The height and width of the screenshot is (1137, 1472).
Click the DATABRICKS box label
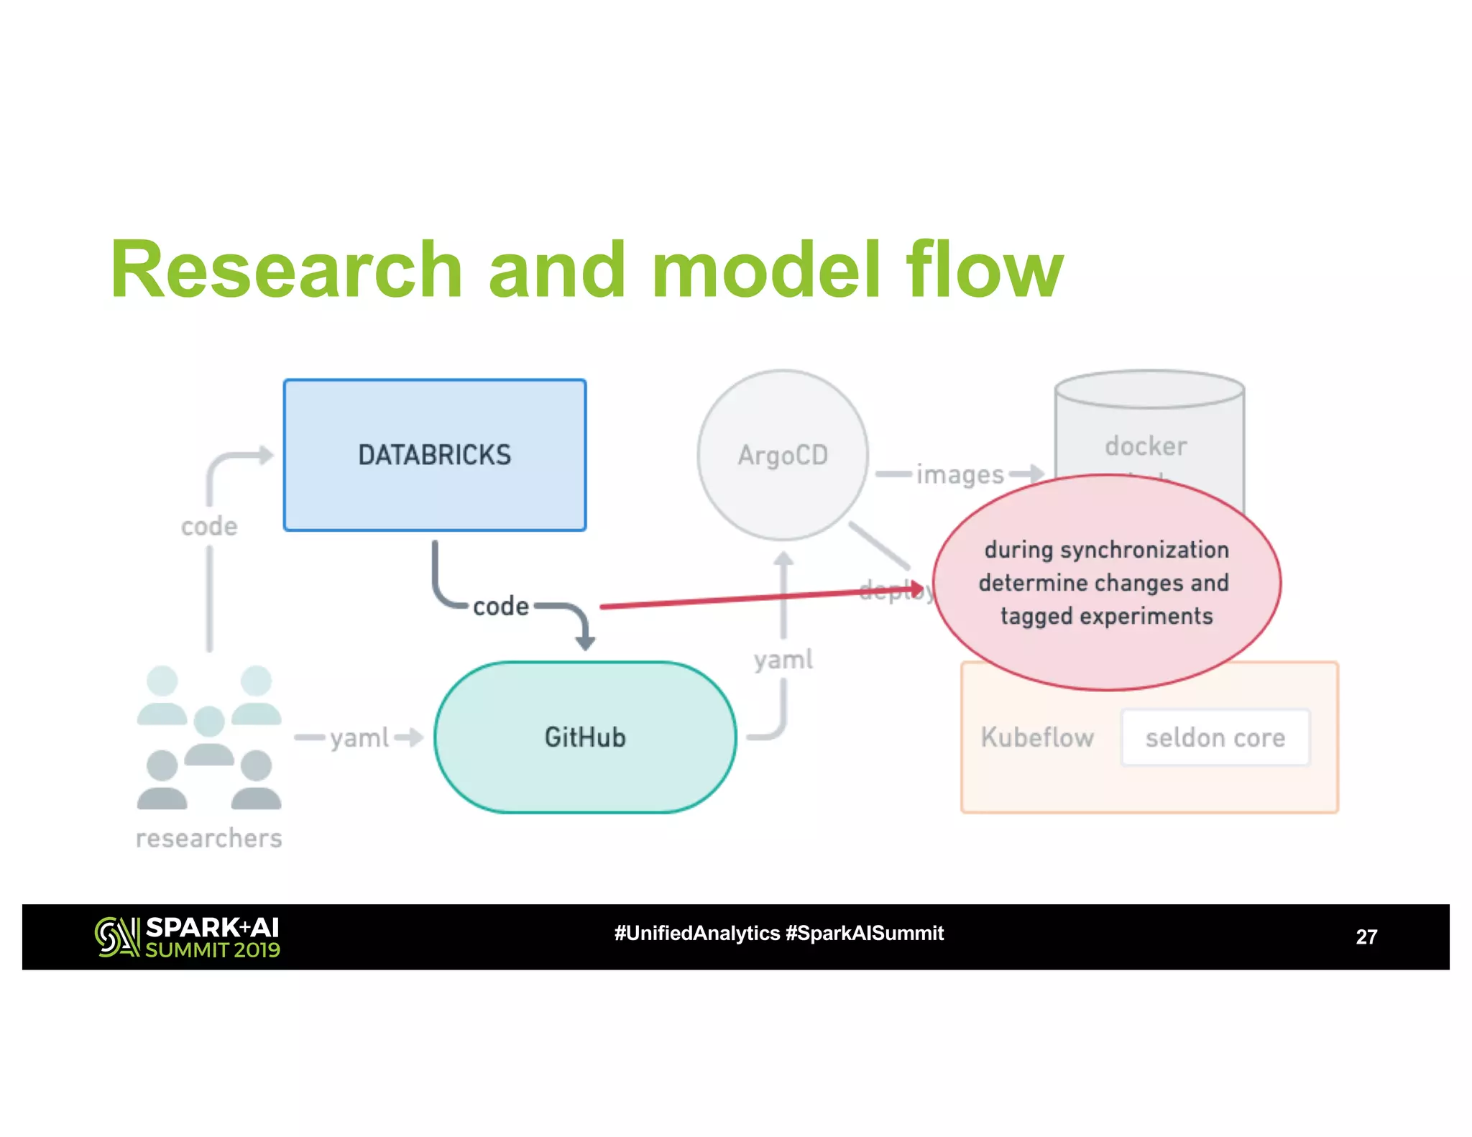click(434, 455)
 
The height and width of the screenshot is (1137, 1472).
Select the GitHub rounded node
click(585, 737)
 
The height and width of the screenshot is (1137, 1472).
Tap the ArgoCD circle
click(783, 455)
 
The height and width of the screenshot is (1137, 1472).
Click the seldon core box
click(1215, 737)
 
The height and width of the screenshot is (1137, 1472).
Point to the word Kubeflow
click(1037, 737)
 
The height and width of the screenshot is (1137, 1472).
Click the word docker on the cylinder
click(1146, 446)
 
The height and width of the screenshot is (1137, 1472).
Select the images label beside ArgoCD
click(960, 475)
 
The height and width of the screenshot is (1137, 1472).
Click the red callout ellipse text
click(1106, 583)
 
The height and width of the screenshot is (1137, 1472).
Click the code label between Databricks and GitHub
click(501, 607)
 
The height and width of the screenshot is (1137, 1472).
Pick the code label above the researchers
click(209, 527)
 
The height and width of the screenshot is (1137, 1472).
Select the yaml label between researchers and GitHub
click(359, 738)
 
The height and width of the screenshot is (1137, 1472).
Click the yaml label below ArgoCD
click(783, 660)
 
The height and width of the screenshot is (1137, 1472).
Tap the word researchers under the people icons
click(209, 839)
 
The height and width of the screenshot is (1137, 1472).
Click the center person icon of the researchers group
click(209, 735)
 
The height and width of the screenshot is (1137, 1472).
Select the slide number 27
click(1366, 937)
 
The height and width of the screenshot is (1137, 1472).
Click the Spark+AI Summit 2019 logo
click(188, 937)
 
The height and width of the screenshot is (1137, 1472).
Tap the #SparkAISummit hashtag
click(865, 934)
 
